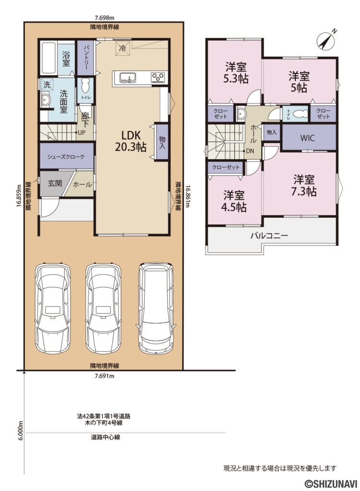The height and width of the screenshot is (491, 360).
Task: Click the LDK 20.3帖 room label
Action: (x=130, y=140)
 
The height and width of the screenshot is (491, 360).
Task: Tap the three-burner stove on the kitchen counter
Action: (x=158, y=77)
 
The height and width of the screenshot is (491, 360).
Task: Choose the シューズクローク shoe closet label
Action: (x=66, y=157)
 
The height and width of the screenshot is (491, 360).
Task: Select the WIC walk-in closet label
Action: (x=307, y=138)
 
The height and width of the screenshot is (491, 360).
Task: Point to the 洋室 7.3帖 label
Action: (x=304, y=186)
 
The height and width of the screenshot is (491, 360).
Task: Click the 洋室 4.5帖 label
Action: (x=234, y=201)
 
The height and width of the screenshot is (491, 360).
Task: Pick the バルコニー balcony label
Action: (x=269, y=236)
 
